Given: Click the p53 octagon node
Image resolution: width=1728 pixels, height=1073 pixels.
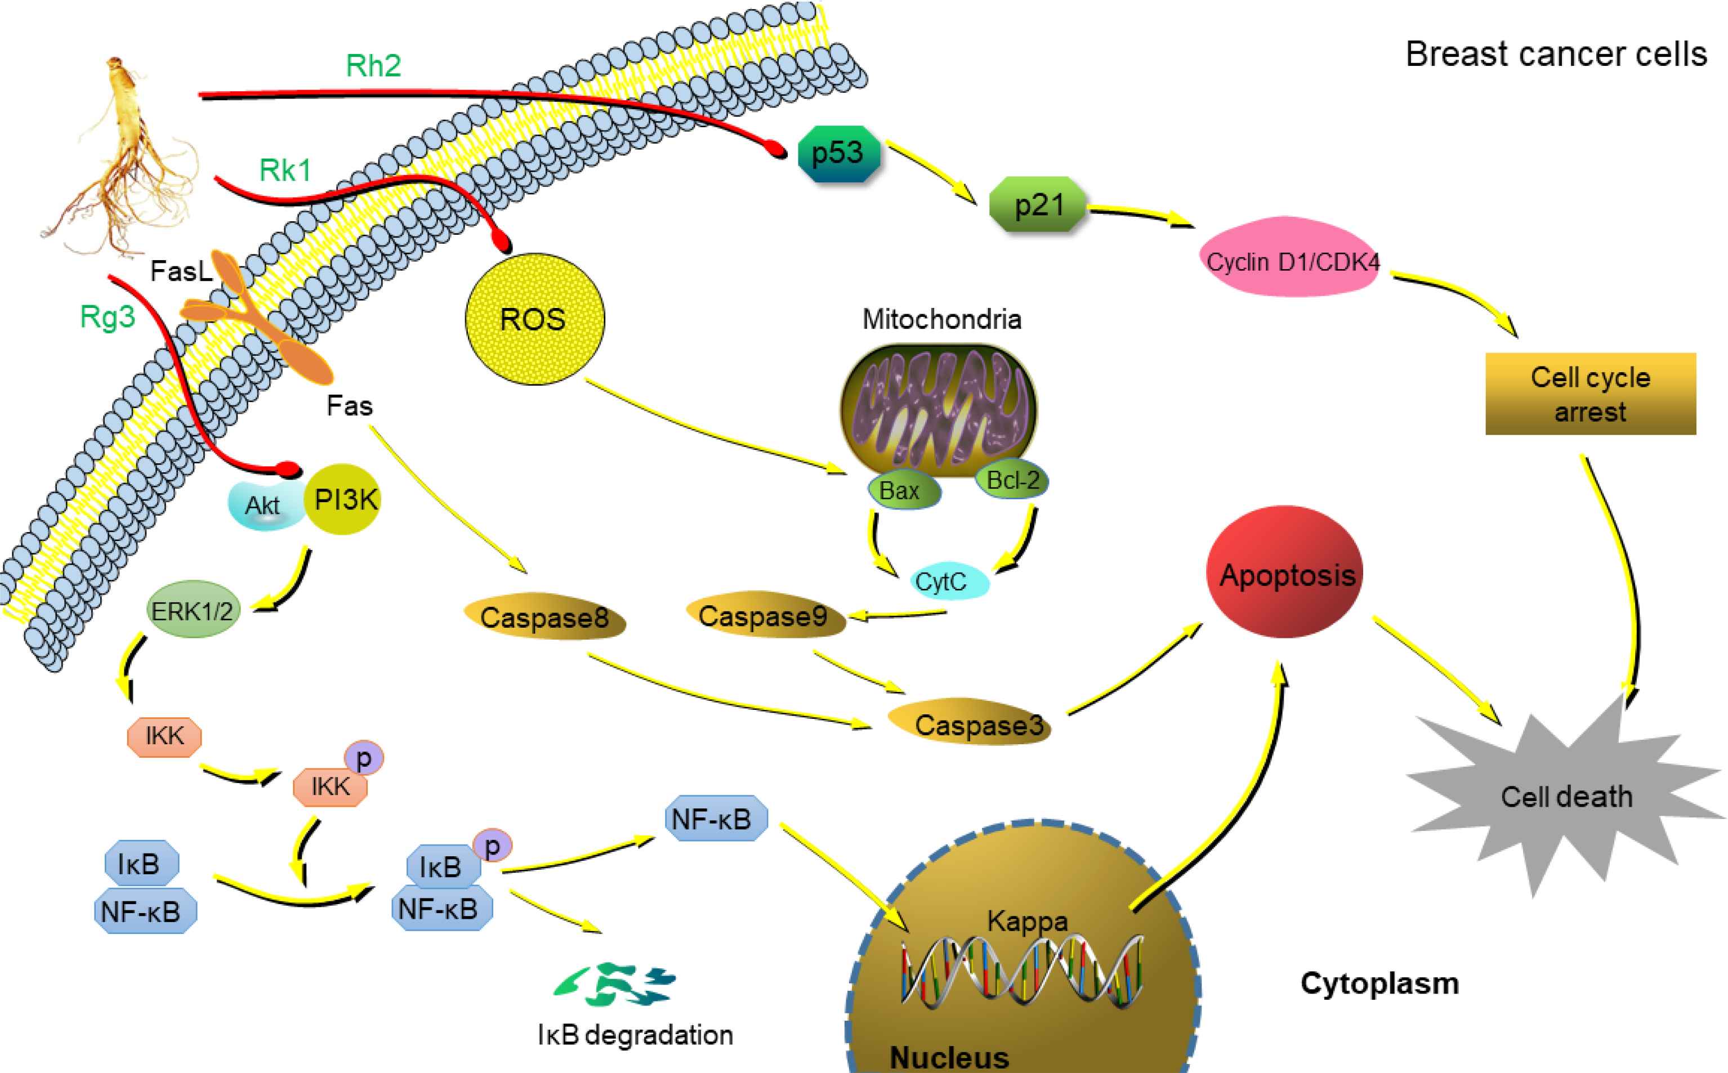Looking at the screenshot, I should (x=838, y=153).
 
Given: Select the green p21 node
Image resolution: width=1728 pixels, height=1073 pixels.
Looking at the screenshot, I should (x=1038, y=205).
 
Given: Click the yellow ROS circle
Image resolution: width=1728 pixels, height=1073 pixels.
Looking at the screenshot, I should (x=534, y=319).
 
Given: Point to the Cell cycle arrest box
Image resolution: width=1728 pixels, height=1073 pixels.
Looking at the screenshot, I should (x=1590, y=394).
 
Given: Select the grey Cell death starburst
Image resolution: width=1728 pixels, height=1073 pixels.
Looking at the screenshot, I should (x=1566, y=796).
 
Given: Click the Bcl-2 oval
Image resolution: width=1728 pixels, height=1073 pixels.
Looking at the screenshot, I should (x=1013, y=480).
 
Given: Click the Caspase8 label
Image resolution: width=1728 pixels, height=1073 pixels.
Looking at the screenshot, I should (x=544, y=618).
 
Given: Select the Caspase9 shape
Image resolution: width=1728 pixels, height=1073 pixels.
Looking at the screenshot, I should (x=764, y=616).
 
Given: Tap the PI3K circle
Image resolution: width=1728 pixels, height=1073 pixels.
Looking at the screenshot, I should (x=344, y=499).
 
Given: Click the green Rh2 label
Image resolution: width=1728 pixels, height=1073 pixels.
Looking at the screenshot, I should (x=373, y=66).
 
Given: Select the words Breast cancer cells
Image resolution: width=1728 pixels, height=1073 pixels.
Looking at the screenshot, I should (x=1556, y=55).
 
